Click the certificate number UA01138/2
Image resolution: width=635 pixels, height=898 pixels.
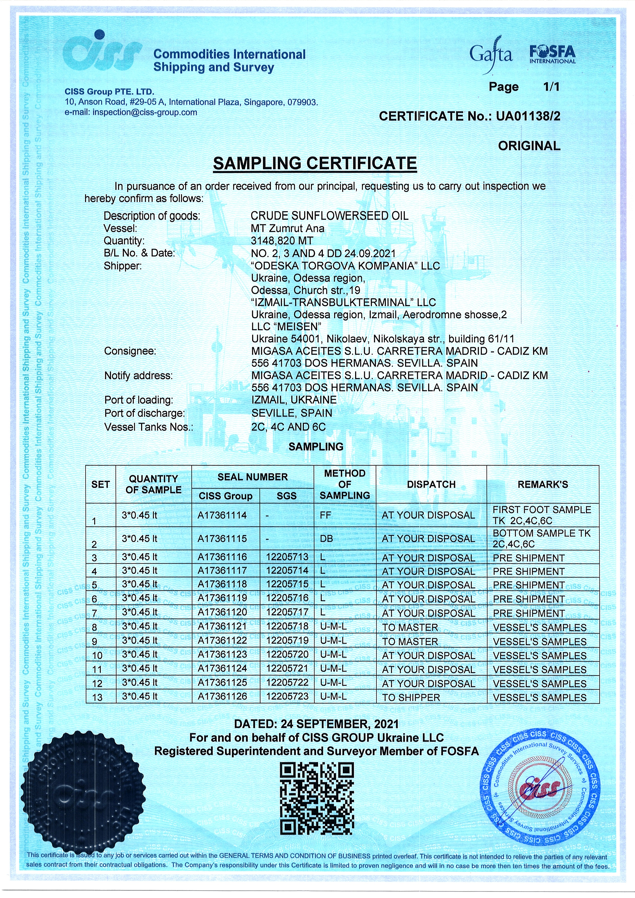[x=528, y=116]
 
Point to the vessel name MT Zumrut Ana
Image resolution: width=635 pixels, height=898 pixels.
[x=288, y=228]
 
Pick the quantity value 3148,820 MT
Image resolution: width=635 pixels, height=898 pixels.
[x=282, y=241]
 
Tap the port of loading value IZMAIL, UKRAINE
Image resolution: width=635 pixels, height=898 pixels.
[x=294, y=400]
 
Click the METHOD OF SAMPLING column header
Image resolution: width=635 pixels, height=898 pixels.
[x=344, y=484]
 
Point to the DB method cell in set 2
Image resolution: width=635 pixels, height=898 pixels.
[x=326, y=539]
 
